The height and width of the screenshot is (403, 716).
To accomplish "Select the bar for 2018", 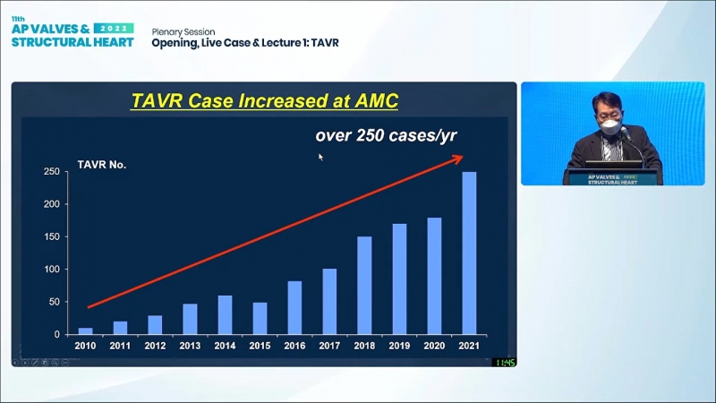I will pos(364,285).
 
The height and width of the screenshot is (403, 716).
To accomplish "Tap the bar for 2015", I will pos(260,318).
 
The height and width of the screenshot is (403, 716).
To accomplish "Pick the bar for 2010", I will pos(86,330).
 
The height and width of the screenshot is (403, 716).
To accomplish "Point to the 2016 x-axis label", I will pos(294,346).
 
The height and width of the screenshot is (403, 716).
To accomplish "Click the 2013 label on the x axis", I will pos(190,346).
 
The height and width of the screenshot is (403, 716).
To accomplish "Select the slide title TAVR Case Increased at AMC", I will pos(264,99).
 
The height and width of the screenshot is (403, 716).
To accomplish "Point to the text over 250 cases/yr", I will pos(386,135).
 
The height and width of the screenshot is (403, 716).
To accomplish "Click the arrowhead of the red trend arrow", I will pos(458,158).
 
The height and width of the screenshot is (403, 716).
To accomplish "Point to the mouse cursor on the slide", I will pos(320,157).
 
